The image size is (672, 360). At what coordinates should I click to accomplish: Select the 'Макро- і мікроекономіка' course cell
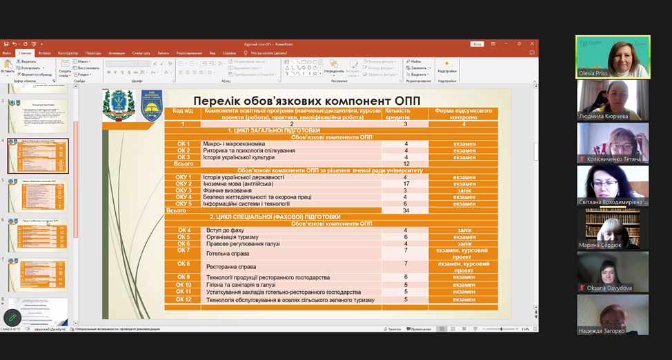228,144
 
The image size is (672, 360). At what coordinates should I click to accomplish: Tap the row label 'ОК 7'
184,250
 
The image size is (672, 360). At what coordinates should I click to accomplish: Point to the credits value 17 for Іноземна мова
406,184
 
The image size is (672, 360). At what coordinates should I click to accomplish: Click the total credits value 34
406,210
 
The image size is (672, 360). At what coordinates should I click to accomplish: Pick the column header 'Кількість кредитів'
406,113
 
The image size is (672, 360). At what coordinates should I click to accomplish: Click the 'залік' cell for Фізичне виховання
463,190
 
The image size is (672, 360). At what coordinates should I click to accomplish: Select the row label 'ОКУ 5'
184,203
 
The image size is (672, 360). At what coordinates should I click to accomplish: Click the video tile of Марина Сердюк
613,228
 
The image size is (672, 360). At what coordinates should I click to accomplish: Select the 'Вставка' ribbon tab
45,52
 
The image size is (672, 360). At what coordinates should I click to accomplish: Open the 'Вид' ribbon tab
213,52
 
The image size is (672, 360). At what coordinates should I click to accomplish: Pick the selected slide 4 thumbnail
38,156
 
